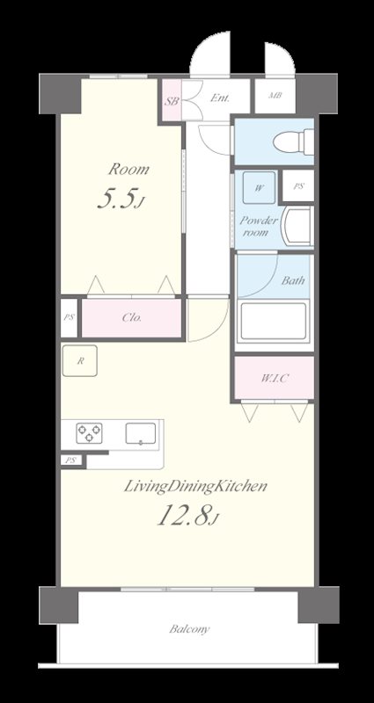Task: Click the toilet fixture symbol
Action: [294, 141]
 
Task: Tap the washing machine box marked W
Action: [259, 187]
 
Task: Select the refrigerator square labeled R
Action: [80, 360]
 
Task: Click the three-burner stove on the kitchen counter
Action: [89, 433]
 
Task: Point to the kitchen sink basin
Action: [141, 433]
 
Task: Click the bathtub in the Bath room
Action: [274, 321]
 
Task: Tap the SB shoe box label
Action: [171, 101]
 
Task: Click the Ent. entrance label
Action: [220, 98]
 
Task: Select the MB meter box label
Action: [275, 96]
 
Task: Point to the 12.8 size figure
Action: [187, 516]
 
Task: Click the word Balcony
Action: [189, 629]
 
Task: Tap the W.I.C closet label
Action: [275, 378]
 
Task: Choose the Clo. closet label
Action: [132, 318]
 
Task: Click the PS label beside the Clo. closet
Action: [69, 317]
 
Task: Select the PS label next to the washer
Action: [298, 186]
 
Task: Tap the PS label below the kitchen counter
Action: [71, 460]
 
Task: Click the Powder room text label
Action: [258, 227]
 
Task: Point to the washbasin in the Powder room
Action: [297, 226]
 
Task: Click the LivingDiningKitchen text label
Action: [195, 487]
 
